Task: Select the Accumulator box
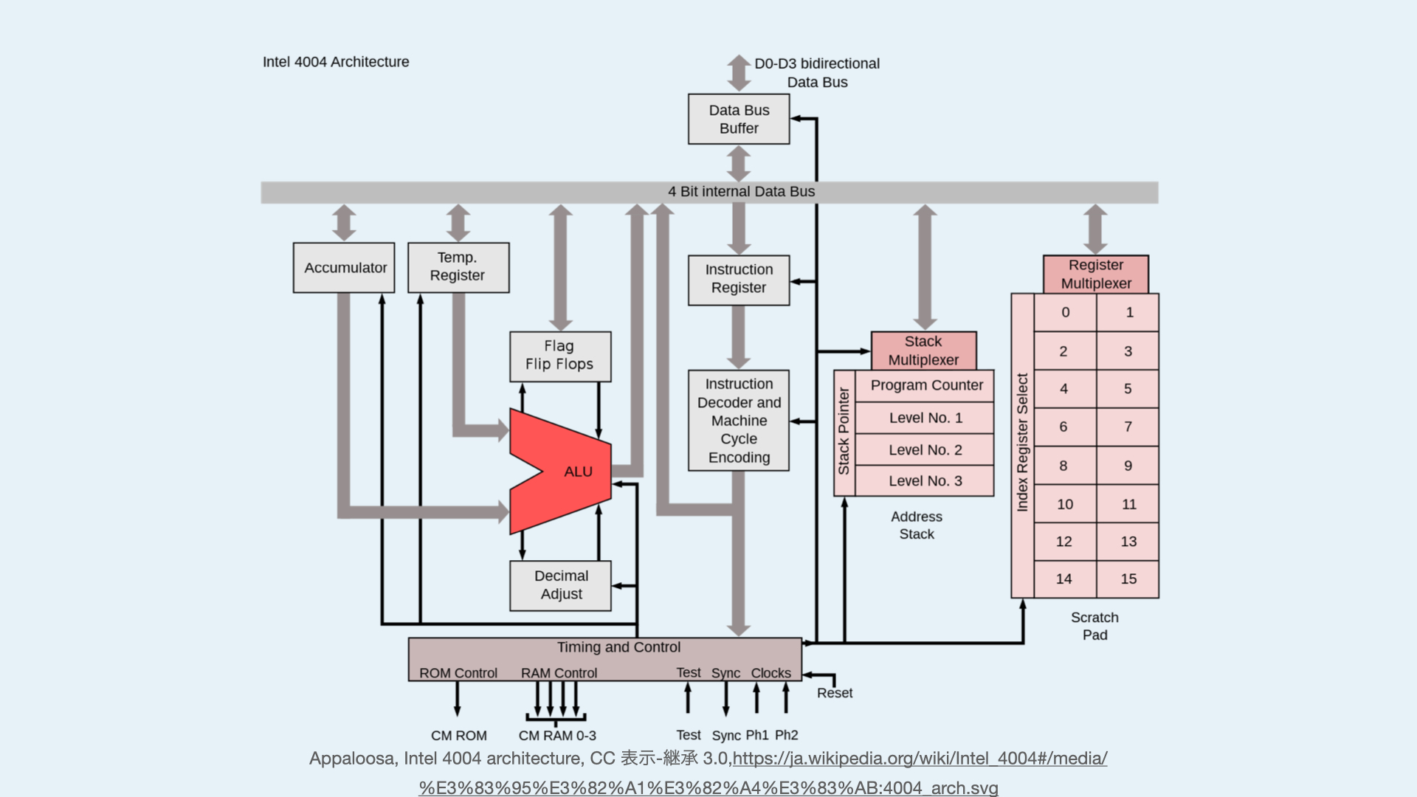point(344,268)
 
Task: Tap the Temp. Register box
point(458,267)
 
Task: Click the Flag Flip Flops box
point(560,356)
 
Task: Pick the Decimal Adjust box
point(561,585)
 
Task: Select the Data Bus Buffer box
point(739,119)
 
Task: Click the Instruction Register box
point(739,280)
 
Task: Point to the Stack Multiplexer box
point(923,351)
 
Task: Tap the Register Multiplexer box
point(1096,274)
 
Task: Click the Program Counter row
point(926,385)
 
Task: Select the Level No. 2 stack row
point(925,449)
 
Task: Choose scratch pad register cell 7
point(1128,427)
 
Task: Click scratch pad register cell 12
point(1064,542)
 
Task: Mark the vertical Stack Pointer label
point(844,432)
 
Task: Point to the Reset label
point(835,693)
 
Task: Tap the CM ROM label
point(458,736)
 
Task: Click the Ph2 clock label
point(787,735)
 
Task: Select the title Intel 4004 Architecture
point(336,62)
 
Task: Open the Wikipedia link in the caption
point(920,759)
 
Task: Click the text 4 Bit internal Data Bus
point(741,192)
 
